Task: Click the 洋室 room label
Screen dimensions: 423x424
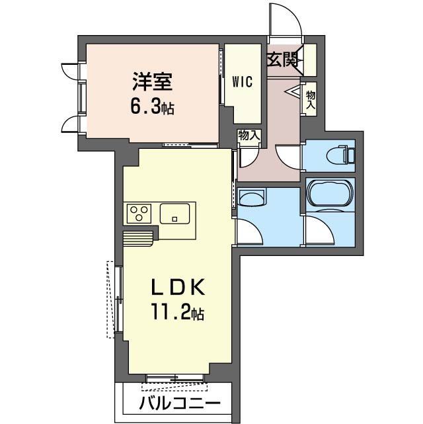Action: pyautogui.click(x=152, y=81)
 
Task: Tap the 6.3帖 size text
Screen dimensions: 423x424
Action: pyautogui.click(x=152, y=106)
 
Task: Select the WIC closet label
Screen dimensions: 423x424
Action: pyautogui.click(x=243, y=81)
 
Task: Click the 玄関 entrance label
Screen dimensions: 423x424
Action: pyautogui.click(x=282, y=60)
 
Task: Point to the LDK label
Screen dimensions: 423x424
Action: pyautogui.click(x=178, y=288)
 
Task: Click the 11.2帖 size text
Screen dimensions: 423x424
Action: pyautogui.click(x=178, y=312)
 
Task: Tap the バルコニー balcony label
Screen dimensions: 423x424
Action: pyautogui.click(x=180, y=404)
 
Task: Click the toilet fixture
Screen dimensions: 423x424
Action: pyautogui.click(x=340, y=155)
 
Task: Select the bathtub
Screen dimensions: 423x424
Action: pyautogui.click(x=330, y=194)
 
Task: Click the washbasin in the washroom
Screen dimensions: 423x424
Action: pyautogui.click(x=251, y=197)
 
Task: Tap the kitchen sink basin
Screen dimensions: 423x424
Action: pyautogui.click(x=174, y=214)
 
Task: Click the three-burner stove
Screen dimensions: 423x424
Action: pyautogui.click(x=139, y=214)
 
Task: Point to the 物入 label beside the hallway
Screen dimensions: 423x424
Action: pyautogui.click(x=310, y=99)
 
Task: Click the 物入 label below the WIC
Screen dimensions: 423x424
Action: pyautogui.click(x=249, y=135)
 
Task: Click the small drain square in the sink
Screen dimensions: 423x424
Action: pyautogui.click(x=174, y=219)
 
